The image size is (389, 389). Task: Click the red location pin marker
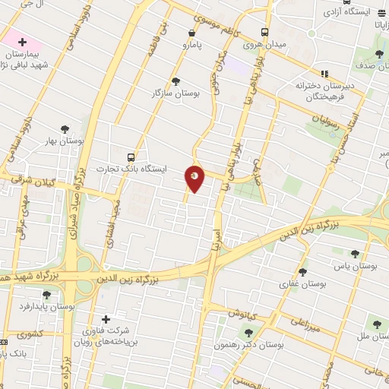pos(195,178)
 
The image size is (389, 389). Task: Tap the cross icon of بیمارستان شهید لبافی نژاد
pos(21,40)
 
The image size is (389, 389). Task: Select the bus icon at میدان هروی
pos(264,33)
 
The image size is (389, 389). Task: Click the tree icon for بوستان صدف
pos(379,53)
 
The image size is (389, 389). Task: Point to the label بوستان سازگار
pos(176,93)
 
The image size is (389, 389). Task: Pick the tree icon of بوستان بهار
pos(64,130)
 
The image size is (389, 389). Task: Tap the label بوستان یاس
pos(354,267)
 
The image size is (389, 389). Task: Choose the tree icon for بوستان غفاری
pos(302,272)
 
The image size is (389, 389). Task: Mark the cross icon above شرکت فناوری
pos(106,319)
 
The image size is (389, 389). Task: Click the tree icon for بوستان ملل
pos(372,322)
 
